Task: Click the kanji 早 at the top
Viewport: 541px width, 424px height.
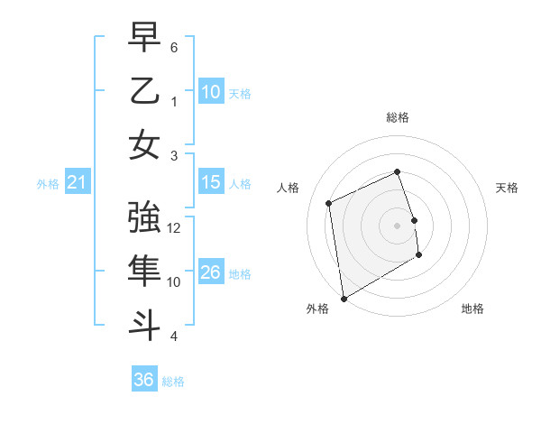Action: coord(144,38)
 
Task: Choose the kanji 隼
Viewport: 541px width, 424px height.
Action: coord(144,272)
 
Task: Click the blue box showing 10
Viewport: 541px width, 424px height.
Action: coord(211,92)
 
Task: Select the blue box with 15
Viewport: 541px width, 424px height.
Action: coord(211,182)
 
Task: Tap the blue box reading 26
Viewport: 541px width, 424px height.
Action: coord(211,272)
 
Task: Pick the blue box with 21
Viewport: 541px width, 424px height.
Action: coord(77,183)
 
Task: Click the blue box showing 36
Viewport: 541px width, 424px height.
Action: coord(144,380)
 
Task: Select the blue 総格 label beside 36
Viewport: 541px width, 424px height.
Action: coord(173,382)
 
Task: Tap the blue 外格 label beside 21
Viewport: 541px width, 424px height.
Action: coord(48,184)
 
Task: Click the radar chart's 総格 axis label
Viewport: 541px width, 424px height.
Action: coord(398,117)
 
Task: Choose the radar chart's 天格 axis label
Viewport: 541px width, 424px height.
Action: coord(507,188)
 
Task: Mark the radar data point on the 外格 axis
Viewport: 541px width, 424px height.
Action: coord(344,298)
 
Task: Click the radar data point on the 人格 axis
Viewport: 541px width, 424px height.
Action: coord(329,203)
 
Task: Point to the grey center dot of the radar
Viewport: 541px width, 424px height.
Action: coord(398,225)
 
